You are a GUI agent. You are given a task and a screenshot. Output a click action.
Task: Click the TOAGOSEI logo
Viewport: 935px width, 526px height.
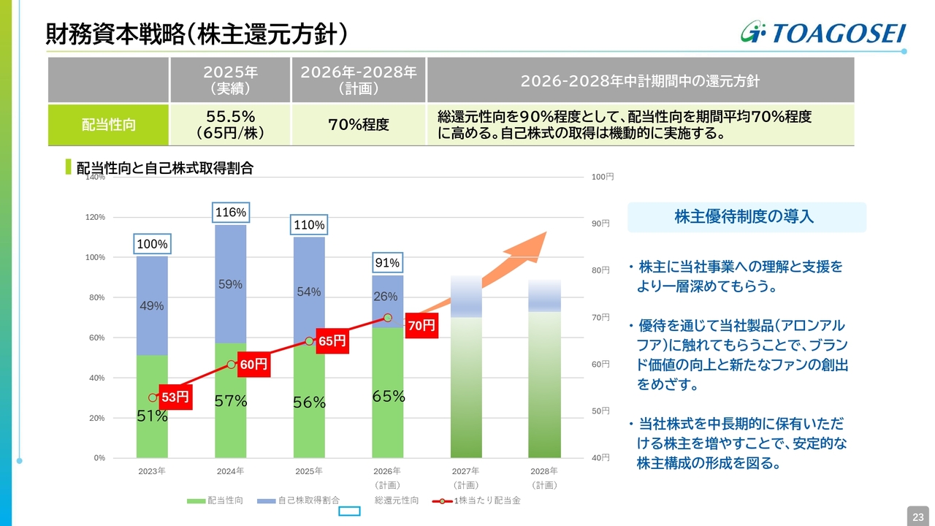[823, 33]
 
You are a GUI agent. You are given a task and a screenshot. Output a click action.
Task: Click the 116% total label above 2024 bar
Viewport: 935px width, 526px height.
[231, 213]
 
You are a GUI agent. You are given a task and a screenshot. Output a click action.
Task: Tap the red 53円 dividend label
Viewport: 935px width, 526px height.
[175, 397]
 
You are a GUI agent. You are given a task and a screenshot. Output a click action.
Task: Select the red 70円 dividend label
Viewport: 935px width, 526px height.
[421, 326]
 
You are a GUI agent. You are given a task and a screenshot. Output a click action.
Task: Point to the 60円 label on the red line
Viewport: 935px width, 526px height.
[253, 364]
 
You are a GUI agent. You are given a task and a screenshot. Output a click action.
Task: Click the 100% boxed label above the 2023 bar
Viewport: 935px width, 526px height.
[152, 244]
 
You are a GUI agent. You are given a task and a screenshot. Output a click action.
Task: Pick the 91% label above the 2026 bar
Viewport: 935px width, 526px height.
[387, 263]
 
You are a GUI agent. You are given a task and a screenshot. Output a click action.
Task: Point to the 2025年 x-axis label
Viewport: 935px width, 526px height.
[309, 471]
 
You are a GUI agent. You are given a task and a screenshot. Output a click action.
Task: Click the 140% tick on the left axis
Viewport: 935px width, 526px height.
[96, 177]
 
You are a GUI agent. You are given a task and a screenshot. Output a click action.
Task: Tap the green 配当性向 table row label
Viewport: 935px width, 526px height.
[108, 124]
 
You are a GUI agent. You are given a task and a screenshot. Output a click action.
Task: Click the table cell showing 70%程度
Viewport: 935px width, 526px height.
[359, 124]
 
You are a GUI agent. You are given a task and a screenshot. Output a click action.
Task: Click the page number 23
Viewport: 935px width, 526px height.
[917, 517]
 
